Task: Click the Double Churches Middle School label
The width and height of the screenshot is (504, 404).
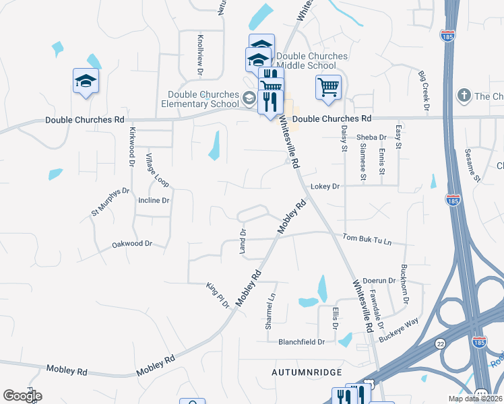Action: pos(312,61)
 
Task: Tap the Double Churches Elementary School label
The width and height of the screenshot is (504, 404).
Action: pos(203,99)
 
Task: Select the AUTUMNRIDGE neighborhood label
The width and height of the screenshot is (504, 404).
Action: pos(307,372)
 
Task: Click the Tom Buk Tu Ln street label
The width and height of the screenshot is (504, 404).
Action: pos(367,238)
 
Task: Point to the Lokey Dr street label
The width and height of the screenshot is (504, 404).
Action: pos(327,187)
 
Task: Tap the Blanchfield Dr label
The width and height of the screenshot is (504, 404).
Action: pos(302,342)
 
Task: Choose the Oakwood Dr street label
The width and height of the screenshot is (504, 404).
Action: pos(132,244)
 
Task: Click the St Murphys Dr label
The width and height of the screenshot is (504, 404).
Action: pos(110,203)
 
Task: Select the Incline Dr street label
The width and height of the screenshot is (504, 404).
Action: pos(154,201)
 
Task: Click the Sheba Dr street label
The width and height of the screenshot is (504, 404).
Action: pos(372,137)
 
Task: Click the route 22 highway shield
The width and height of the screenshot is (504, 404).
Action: pos(441,343)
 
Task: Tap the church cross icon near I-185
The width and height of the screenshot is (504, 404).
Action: pos(463,96)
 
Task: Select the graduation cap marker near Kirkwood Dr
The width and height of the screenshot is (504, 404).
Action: pos(86,81)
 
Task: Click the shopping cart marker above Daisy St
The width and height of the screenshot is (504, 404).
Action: pos(328,87)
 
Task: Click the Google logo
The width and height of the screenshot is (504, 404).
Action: pos(22,396)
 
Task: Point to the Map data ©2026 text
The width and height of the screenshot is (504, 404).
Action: pos(474,399)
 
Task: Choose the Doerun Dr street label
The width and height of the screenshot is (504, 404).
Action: pos(378,280)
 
